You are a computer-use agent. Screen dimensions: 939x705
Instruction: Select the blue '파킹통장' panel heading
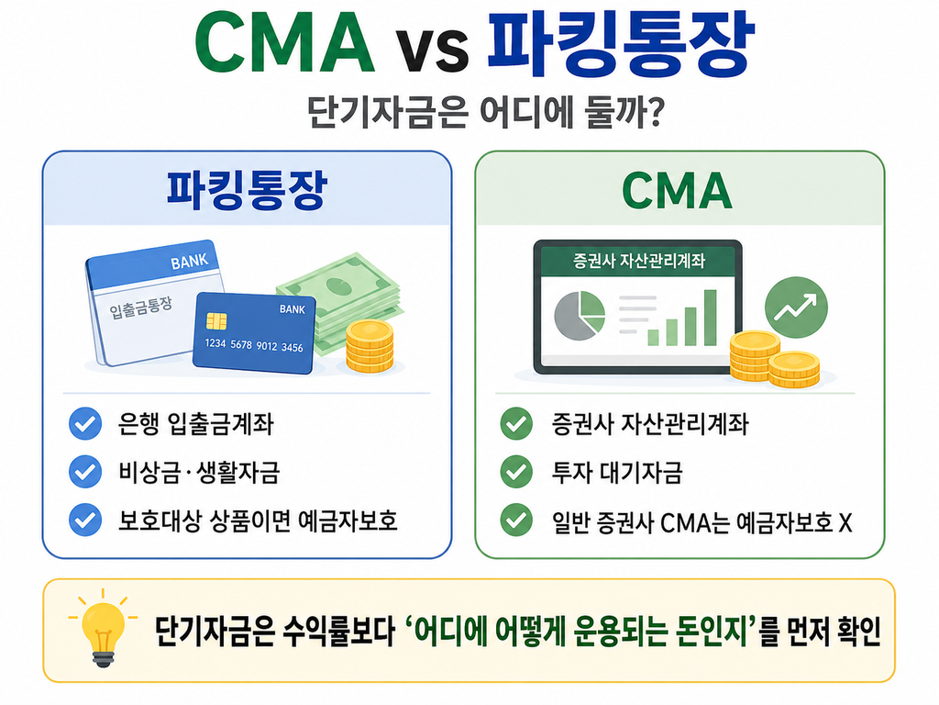(x=247, y=191)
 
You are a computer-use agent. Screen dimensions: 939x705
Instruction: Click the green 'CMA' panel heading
(x=678, y=191)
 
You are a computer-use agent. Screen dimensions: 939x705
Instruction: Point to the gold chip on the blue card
(x=216, y=321)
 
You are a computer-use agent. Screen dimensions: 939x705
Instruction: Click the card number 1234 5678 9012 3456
(x=254, y=345)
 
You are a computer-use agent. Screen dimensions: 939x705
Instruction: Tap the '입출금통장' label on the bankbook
(x=140, y=307)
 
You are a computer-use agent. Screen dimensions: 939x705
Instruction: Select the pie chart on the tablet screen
(x=580, y=316)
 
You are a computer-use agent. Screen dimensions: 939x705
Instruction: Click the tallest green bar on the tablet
(x=711, y=318)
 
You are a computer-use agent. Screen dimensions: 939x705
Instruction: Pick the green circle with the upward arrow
(x=796, y=308)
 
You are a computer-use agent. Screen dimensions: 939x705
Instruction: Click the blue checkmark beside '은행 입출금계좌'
(x=85, y=424)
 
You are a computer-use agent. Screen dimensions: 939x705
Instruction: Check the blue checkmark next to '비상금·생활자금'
(x=85, y=472)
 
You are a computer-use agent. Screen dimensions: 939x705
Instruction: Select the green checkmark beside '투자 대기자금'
(x=516, y=472)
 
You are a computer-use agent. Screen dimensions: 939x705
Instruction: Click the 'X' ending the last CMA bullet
(x=845, y=522)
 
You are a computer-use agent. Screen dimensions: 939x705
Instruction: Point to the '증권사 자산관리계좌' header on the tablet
(x=638, y=261)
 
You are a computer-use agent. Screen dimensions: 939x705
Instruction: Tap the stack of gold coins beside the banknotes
(x=370, y=346)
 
